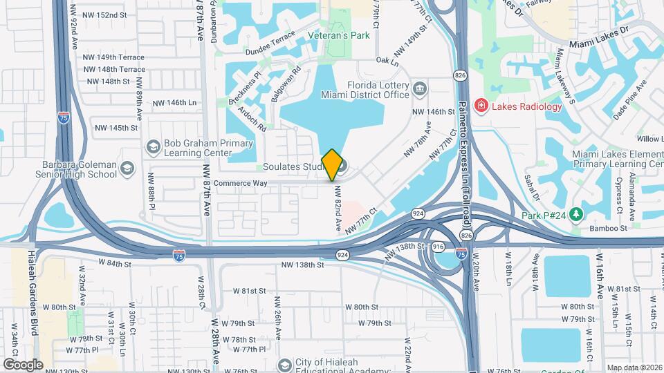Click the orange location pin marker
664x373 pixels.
[x=332, y=165]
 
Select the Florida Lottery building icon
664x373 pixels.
[x=419, y=88]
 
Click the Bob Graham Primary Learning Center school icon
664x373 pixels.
[x=153, y=146]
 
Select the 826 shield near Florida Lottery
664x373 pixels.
[x=459, y=74]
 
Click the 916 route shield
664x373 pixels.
[x=438, y=246]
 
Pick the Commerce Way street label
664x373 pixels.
[x=241, y=183]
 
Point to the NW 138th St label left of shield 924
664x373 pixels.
[x=302, y=265]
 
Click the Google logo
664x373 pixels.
[x=22, y=364]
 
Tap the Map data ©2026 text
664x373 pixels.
[x=633, y=367]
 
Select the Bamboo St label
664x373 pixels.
[x=607, y=228]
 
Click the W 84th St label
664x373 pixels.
[x=114, y=262]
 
